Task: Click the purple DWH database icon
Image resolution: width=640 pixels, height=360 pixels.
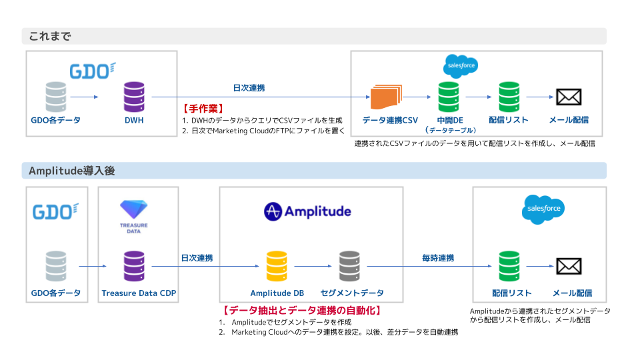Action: (134, 97)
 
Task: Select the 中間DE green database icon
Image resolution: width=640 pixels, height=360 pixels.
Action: (448, 97)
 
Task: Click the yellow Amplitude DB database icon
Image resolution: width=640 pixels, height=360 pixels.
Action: (276, 266)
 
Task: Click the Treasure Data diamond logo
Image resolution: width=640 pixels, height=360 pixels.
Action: (134, 207)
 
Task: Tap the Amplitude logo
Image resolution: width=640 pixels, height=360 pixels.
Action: (307, 212)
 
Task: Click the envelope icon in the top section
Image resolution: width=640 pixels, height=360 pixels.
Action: (569, 97)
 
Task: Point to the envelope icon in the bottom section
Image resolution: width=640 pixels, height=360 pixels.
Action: (569, 267)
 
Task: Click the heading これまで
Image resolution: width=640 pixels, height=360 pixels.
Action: (49, 36)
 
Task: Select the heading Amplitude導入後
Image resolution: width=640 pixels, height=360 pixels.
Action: (72, 171)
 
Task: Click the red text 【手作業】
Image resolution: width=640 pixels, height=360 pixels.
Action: (203, 107)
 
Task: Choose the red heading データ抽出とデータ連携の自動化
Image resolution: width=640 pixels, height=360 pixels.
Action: (302, 310)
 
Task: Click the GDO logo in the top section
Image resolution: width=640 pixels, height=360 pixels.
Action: (93, 70)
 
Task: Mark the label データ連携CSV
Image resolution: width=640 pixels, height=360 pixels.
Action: (390, 120)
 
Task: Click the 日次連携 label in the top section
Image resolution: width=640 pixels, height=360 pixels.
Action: (249, 88)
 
